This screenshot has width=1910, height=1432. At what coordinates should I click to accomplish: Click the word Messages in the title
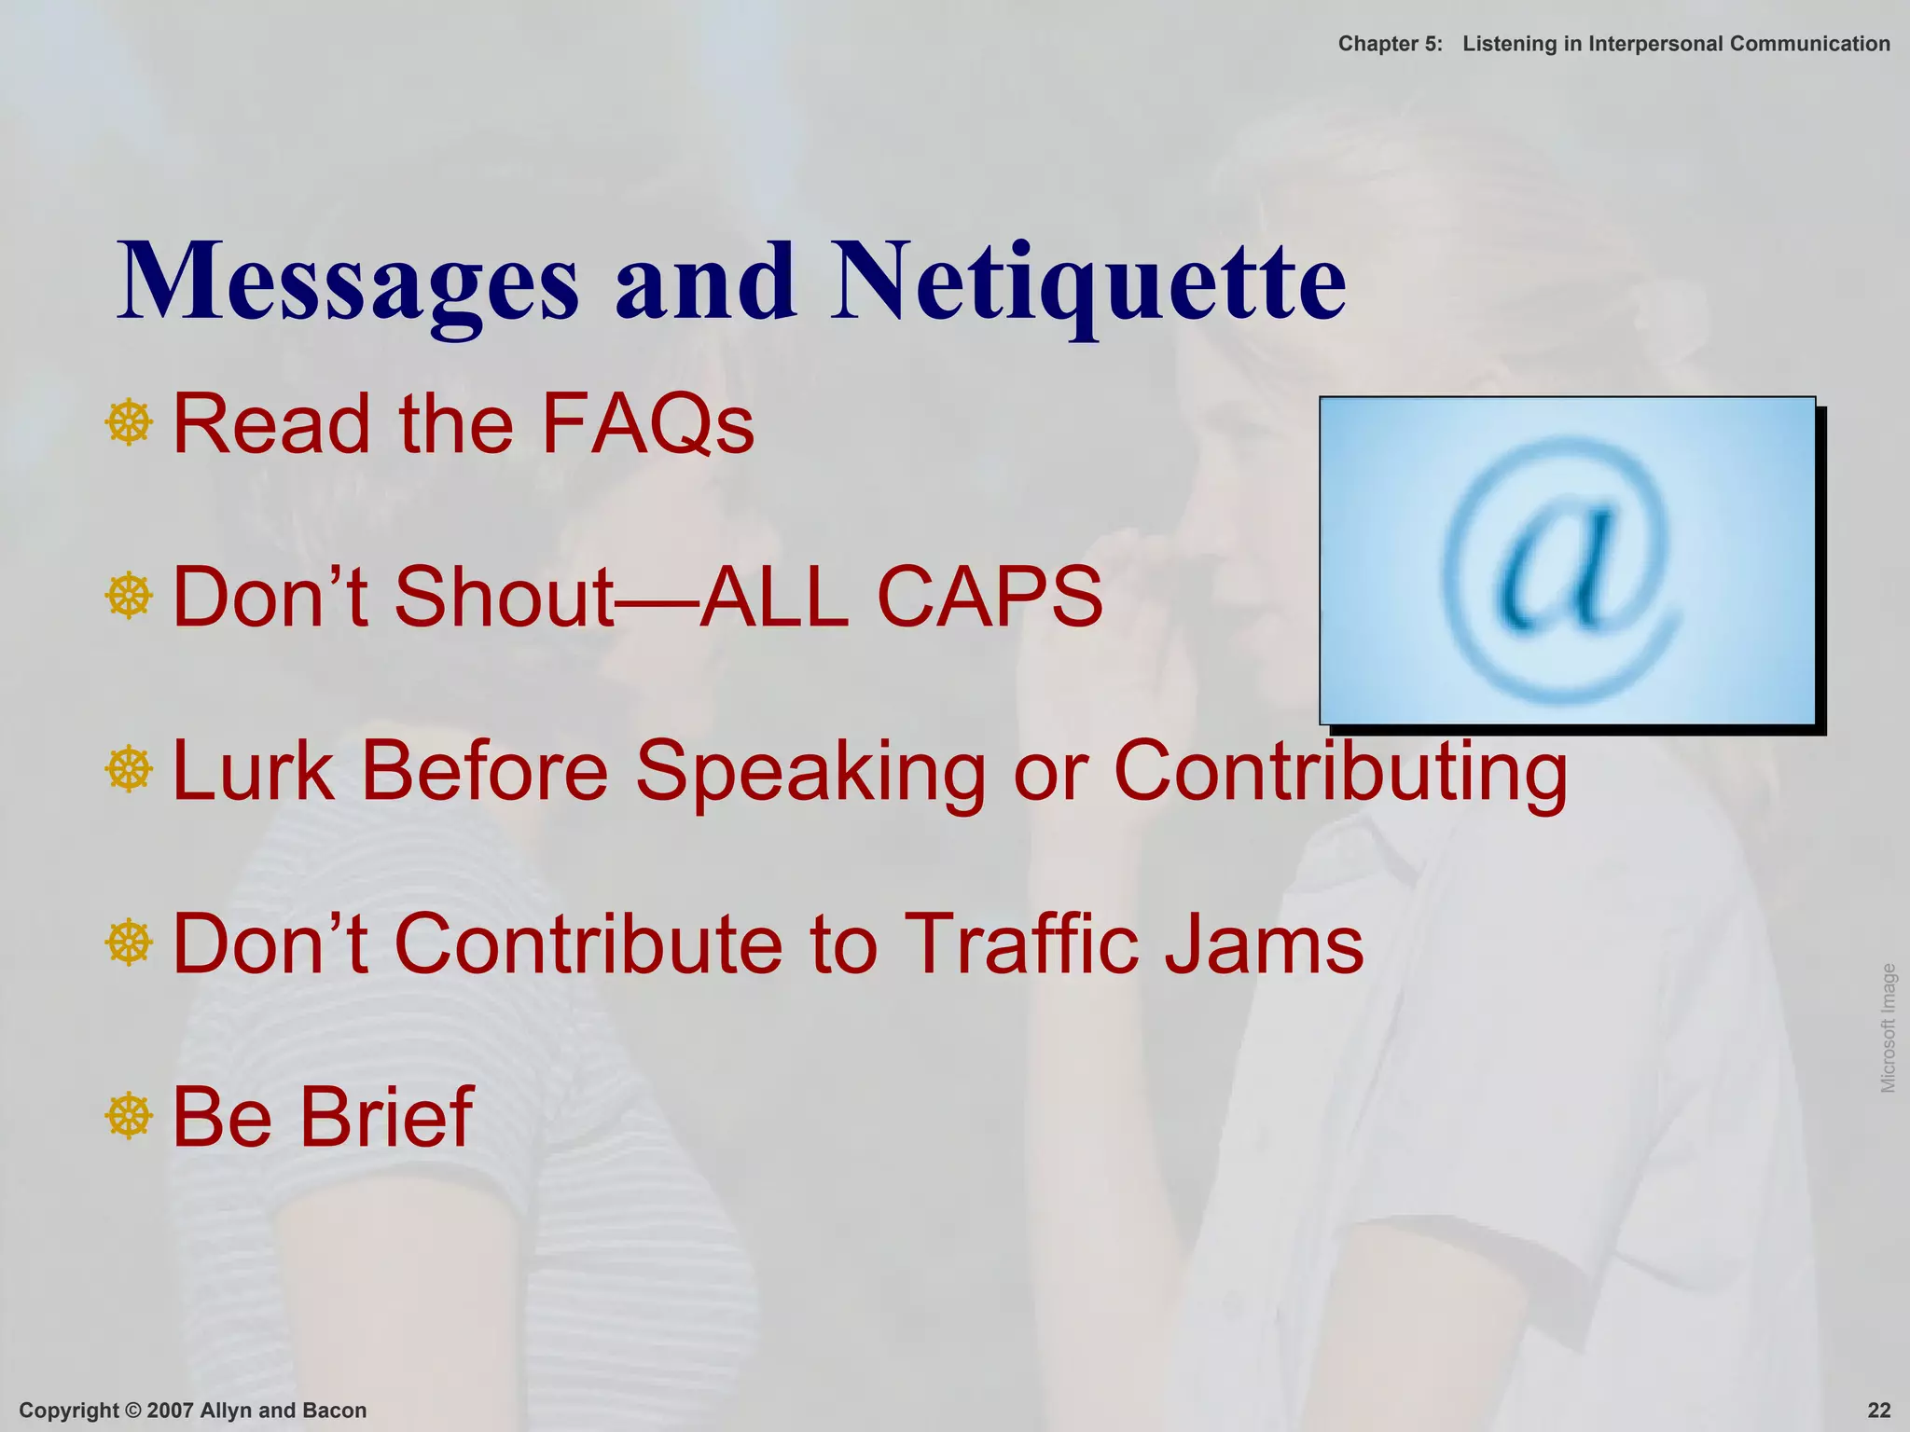pos(348,282)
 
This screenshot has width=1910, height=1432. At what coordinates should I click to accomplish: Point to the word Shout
pos(504,597)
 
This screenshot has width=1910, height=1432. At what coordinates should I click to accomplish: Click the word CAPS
pos(990,597)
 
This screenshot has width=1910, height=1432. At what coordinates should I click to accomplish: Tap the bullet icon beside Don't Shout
pos(129,596)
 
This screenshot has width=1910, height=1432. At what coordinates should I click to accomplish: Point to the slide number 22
pos(1878,1411)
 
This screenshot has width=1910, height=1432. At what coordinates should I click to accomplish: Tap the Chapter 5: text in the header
pos(1390,44)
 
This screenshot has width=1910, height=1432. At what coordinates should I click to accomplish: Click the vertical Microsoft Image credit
pos(1889,1027)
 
